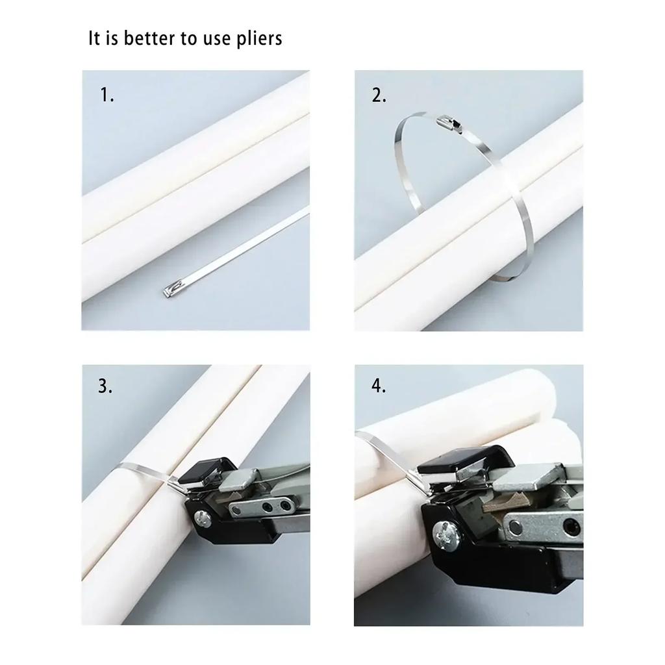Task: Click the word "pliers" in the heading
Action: (258, 39)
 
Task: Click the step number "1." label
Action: (107, 95)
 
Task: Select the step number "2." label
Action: (379, 95)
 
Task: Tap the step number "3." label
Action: (106, 386)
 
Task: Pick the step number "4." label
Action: (379, 386)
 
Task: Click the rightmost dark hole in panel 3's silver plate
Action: (284, 503)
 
